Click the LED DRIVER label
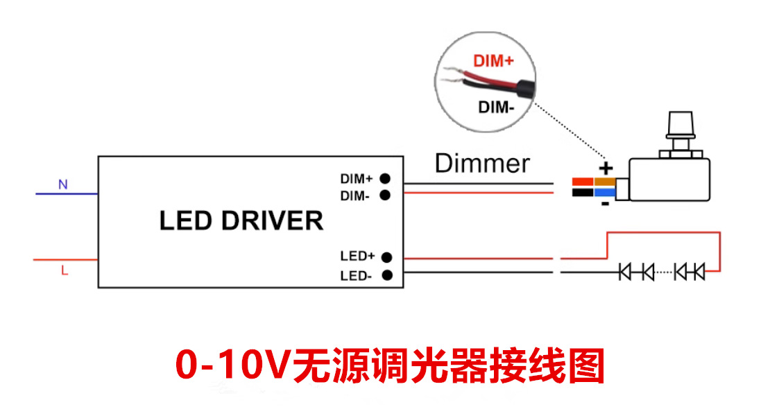point(241,220)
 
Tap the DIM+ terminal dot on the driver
point(384,178)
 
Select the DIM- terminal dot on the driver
point(384,196)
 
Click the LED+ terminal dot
point(386,257)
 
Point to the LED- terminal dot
point(386,275)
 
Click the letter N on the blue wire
point(62,185)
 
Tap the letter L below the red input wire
point(65,272)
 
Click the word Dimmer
point(482,164)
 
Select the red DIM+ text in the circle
point(493,61)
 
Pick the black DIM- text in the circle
point(496,107)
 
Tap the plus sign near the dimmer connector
point(606,168)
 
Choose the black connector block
point(583,192)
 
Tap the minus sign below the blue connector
point(605,204)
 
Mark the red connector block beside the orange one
point(583,182)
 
